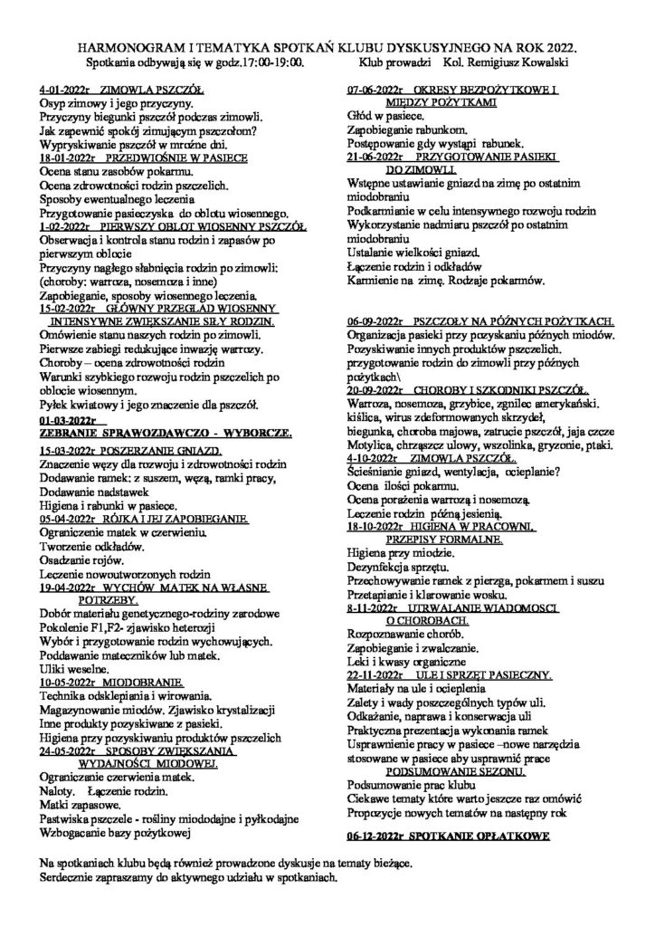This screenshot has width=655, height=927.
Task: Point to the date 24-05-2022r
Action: pyautogui.click(x=73, y=750)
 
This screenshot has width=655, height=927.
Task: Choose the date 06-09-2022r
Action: pyautogui.click(x=380, y=320)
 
